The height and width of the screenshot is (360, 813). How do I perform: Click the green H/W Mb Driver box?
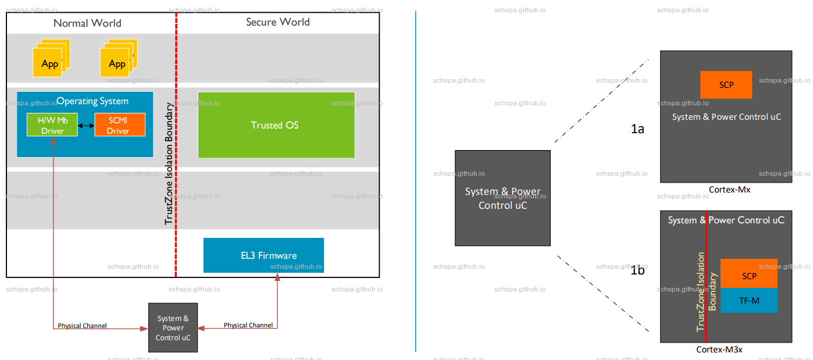(x=53, y=125)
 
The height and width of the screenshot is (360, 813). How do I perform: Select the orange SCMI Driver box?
(x=119, y=125)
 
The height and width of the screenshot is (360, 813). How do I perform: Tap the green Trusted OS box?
(x=276, y=125)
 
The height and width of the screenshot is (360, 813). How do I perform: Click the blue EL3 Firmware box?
(x=263, y=255)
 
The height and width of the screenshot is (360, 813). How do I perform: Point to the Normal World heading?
(x=87, y=23)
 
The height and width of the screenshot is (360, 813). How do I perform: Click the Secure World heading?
(x=277, y=22)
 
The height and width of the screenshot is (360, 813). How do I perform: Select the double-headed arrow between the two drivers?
(x=87, y=125)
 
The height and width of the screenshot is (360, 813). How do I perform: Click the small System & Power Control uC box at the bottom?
(x=173, y=327)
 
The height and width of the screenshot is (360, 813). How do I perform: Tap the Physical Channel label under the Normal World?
(x=82, y=326)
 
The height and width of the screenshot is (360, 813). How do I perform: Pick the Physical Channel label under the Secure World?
(x=248, y=325)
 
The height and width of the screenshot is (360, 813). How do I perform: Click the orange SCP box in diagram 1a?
(x=726, y=85)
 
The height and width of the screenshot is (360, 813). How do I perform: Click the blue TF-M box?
(x=748, y=301)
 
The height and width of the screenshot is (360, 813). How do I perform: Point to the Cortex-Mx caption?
(x=729, y=190)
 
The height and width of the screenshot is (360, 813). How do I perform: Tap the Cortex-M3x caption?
(x=719, y=350)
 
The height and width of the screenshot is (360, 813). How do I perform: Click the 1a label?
(x=637, y=129)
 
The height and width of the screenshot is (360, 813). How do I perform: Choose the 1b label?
(x=637, y=270)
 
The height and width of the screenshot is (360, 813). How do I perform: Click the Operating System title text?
(x=92, y=101)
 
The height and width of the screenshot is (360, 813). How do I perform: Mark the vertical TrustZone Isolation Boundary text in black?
(x=169, y=164)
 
